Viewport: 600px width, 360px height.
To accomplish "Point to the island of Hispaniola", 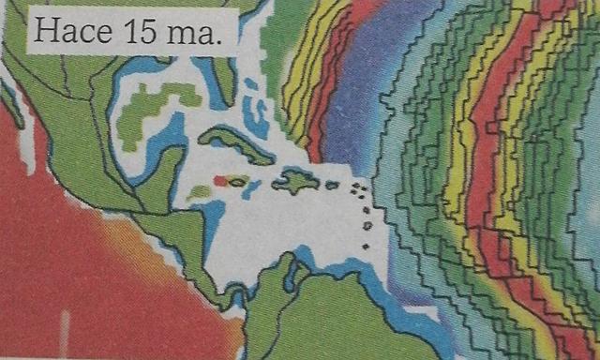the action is click(x=295, y=180).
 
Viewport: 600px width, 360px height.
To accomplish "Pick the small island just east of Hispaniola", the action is click(x=332, y=185).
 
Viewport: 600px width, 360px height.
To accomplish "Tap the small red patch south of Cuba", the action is click(x=219, y=180).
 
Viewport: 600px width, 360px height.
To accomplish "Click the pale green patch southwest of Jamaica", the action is click(x=199, y=193).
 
